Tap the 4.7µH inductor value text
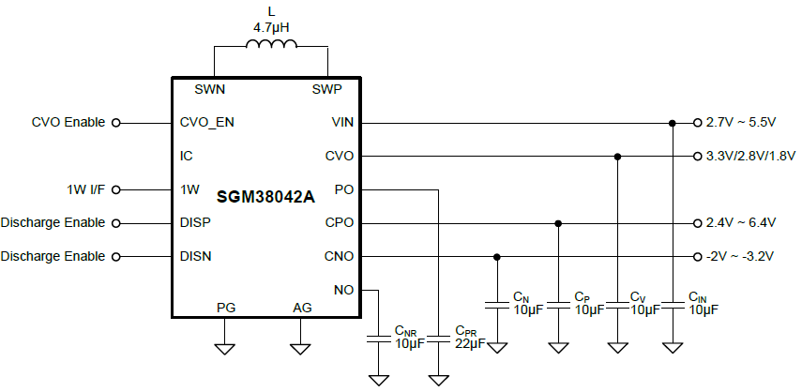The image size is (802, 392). [x=272, y=28]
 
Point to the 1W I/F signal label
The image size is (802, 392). [x=87, y=189]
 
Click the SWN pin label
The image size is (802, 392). [x=209, y=90]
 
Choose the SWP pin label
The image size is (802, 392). [x=326, y=90]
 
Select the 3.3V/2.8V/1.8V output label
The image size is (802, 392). [x=750, y=156]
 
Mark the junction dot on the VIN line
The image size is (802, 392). [x=673, y=123]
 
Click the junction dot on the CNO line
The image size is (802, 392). [x=497, y=257]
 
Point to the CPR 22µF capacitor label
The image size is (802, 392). [x=470, y=338]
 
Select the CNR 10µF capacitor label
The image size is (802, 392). [x=409, y=338]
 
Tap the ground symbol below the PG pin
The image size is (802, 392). [x=225, y=349]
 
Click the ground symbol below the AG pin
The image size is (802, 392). [x=300, y=349]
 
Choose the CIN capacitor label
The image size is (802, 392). [x=703, y=303]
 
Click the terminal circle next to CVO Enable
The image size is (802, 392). [x=116, y=122]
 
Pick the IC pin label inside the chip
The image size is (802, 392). [x=186, y=156]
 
